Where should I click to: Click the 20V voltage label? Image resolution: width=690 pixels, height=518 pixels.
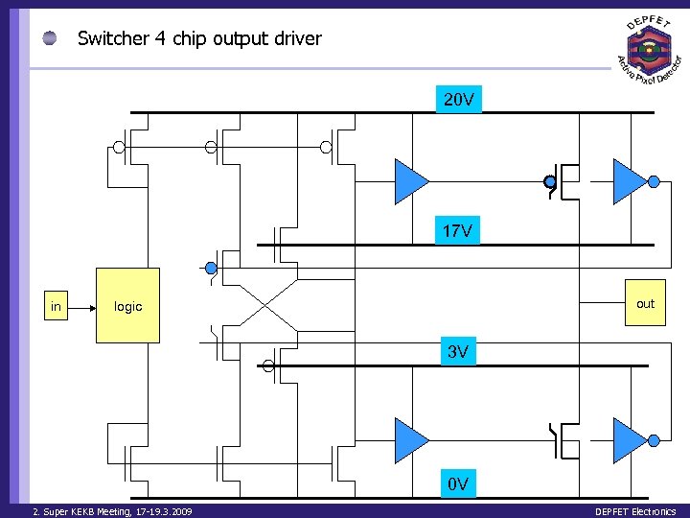[x=458, y=100]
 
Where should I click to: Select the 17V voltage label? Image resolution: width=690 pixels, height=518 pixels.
[x=458, y=232]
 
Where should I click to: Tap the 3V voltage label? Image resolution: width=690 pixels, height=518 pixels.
[x=458, y=352]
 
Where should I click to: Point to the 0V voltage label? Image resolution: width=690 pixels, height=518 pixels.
[x=458, y=483]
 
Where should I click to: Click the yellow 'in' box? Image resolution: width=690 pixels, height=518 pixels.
[x=57, y=307]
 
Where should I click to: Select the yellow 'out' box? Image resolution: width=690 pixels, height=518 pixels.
[x=645, y=303]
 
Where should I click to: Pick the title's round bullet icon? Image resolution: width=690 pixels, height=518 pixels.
[x=50, y=38]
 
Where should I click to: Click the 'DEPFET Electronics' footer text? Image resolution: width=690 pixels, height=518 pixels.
[x=634, y=511]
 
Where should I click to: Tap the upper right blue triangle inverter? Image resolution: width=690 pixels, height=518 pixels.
[x=630, y=181]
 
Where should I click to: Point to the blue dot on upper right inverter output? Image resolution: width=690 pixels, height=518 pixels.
[x=654, y=181]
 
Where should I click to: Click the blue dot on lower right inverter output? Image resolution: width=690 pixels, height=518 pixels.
[x=654, y=440]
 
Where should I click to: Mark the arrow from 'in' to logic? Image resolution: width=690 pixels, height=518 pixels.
[x=82, y=307]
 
